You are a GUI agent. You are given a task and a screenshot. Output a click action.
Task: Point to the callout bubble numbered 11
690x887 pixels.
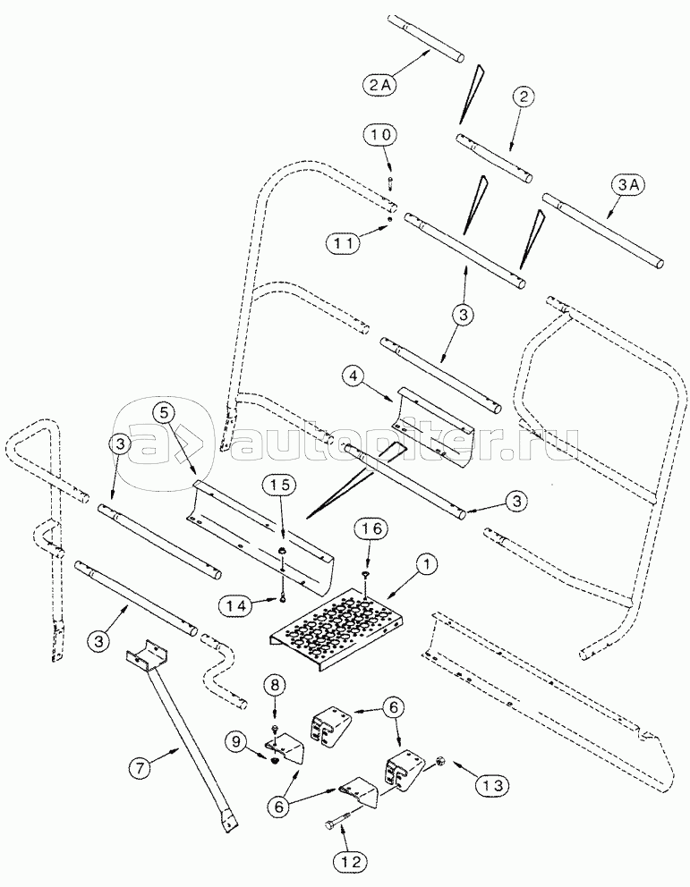343,244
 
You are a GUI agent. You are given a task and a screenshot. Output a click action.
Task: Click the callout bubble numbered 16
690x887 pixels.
372,529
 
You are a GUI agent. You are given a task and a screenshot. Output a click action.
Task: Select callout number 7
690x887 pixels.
141,768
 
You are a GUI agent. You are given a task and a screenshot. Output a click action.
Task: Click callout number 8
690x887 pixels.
275,686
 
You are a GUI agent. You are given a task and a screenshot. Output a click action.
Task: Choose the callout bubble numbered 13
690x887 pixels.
491,785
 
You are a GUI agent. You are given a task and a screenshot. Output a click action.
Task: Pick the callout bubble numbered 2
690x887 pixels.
524,97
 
